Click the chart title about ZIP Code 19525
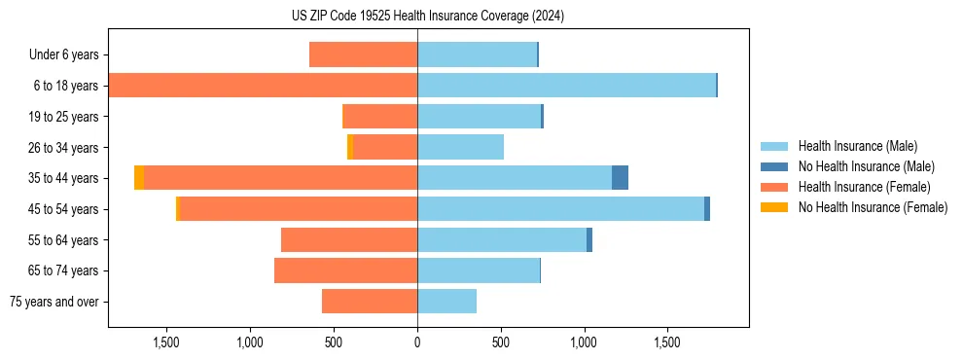pyautogui.click(x=428, y=17)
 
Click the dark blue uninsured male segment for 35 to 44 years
pyautogui.click(x=620, y=178)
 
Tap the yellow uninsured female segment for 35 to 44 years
pyautogui.click(x=139, y=178)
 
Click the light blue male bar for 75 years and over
pyautogui.click(x=446, y=302)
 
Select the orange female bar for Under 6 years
pyautogui.click(x=363, y=54)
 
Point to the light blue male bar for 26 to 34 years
pyautogui.click(x=460, y=147)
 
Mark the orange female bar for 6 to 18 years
pyautogui.click(x=263, y=86)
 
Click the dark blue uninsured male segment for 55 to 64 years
pyautogui.click(x=589, y=239)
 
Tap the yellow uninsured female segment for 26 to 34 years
pyautogui.click(x=350, y=147)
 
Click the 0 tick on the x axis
pyautogui.click(x=417, y=342)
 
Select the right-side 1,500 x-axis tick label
pyautogui.click(x=667, y=342)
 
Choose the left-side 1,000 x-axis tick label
pyautogui.click(x=250, y=342)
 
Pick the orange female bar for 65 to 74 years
pyautogui.click(x=345, y=270)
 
